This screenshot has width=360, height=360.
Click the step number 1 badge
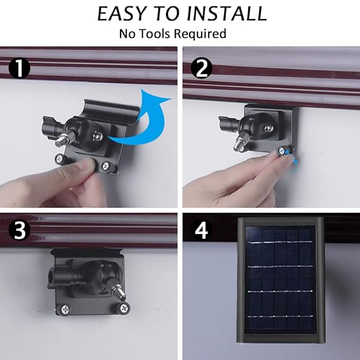pos(19,68)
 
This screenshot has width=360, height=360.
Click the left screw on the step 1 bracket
pos(60,159)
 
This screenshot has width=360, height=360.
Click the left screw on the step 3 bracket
pos(65,308)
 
